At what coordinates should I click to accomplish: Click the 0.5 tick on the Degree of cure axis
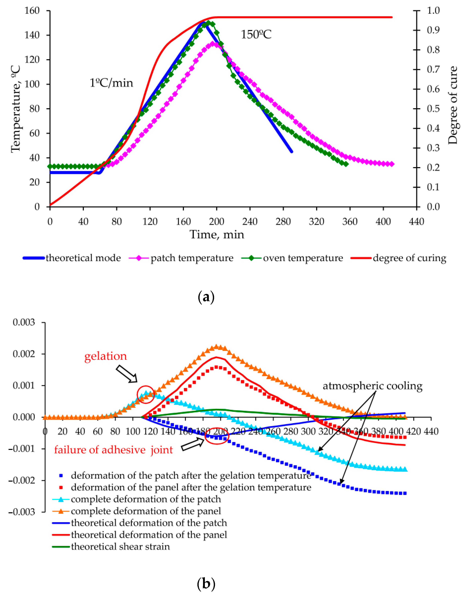[433, 109]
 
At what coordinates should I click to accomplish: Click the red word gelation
[106, 356]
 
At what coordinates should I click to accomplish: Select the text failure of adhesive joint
[113, 450]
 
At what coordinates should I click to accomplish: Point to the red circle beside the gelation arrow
[145, 394]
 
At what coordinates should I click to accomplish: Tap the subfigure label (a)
[206, 297]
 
